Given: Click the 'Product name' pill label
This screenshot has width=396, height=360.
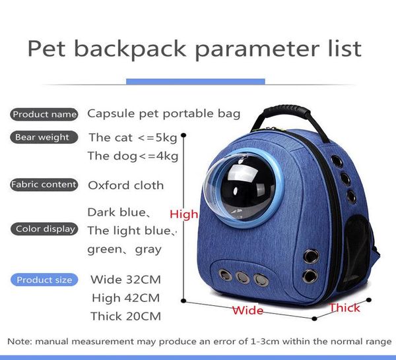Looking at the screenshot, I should click(x=45, y=114).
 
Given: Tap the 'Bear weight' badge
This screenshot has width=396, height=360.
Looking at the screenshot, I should click(x=41, y=137).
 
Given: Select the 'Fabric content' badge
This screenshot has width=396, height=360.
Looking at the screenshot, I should click(x=44, y=185).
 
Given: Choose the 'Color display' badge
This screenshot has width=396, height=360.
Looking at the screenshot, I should click(x=44, y=229).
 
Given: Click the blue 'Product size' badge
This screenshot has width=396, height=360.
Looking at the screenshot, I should click(x=44, y=280).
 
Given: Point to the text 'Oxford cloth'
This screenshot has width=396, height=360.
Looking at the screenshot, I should click(x=125, y=185).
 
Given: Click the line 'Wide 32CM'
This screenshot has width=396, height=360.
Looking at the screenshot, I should click(x=125, y=279).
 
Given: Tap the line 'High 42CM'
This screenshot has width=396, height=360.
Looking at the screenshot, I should click(x=125, y=297).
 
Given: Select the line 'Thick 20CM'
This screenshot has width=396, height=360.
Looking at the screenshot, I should click(x=125, y=316).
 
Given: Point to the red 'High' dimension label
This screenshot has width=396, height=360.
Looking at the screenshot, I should click(x=183, y=214).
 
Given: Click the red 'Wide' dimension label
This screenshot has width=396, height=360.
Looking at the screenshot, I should click(x=247, y=310).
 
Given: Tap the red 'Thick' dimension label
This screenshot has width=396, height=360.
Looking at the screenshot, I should click(x=345, y=308).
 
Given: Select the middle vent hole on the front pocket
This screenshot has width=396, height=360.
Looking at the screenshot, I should click(x=244, y=277).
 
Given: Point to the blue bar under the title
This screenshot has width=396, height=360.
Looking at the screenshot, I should click(x=195, y=81).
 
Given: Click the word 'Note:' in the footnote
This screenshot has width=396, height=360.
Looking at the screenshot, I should click(x=20, y=341).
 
